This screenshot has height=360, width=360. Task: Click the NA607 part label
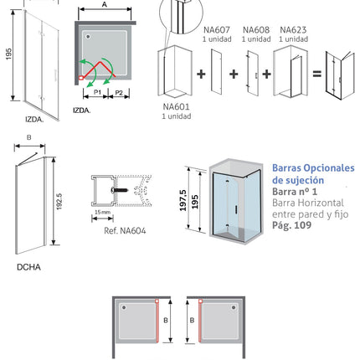217,29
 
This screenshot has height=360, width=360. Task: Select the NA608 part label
256,29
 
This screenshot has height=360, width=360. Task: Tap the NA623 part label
293,29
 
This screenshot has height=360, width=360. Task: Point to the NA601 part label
176,106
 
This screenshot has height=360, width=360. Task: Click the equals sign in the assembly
317,74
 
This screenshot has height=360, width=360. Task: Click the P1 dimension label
97,92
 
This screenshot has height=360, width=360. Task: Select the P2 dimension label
119,92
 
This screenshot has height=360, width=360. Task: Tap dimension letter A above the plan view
105,4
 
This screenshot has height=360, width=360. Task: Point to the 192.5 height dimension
59,202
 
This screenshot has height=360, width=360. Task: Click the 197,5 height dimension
183,200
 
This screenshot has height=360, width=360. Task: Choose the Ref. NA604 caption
125,231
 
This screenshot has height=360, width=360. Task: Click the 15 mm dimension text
102,212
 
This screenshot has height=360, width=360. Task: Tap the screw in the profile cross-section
120,190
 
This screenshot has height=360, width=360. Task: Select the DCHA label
28,267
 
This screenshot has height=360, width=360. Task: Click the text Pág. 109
291,225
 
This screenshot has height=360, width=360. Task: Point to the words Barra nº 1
295,192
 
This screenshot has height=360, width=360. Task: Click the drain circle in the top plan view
88,37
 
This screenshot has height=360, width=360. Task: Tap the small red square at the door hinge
81,78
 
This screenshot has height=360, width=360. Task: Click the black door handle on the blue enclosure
237,209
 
